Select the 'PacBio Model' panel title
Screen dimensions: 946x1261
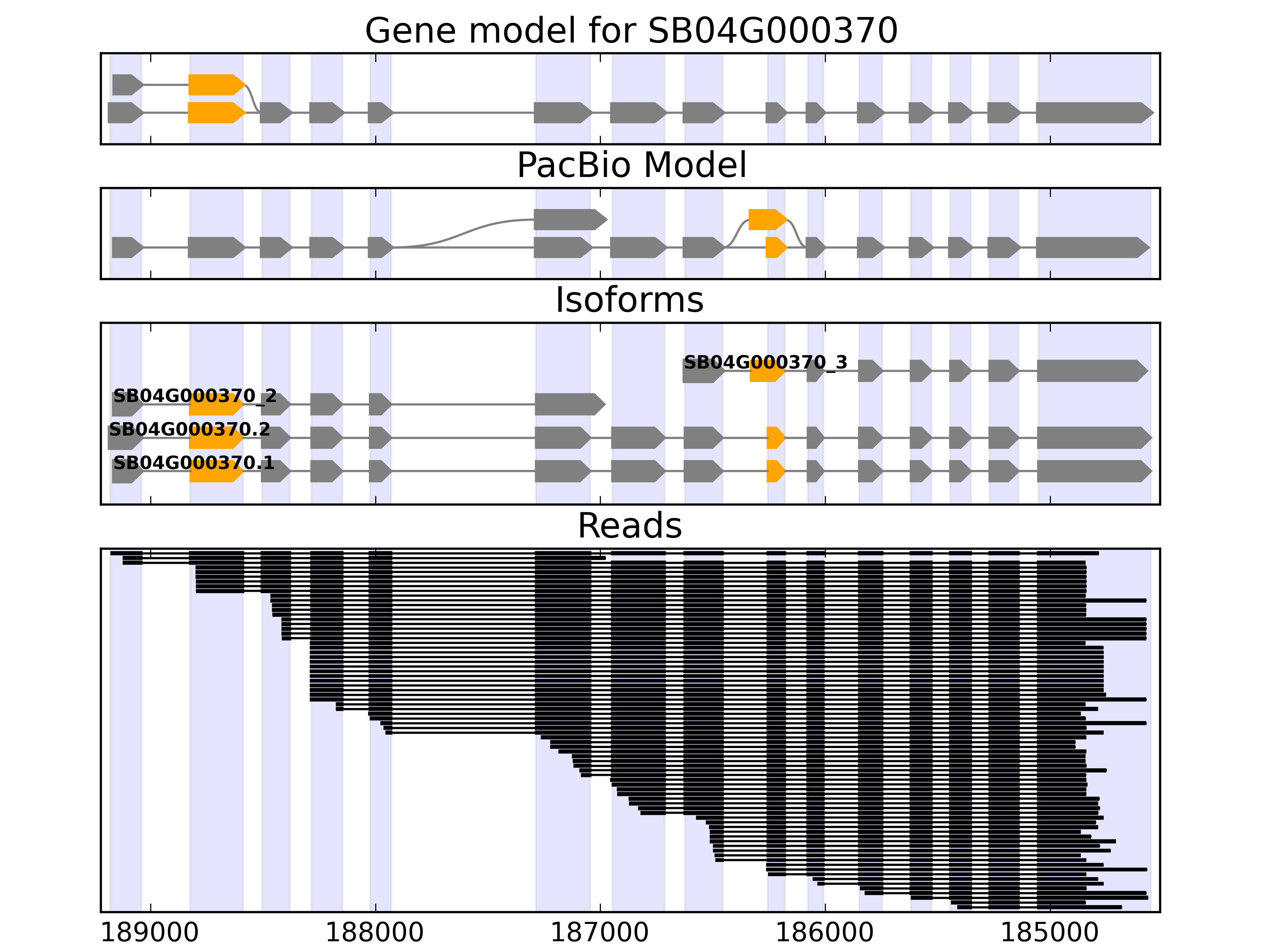pos(631,166)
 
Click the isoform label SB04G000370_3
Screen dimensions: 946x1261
pos(765,362)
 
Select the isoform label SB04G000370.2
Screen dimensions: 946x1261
pos(189,429)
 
